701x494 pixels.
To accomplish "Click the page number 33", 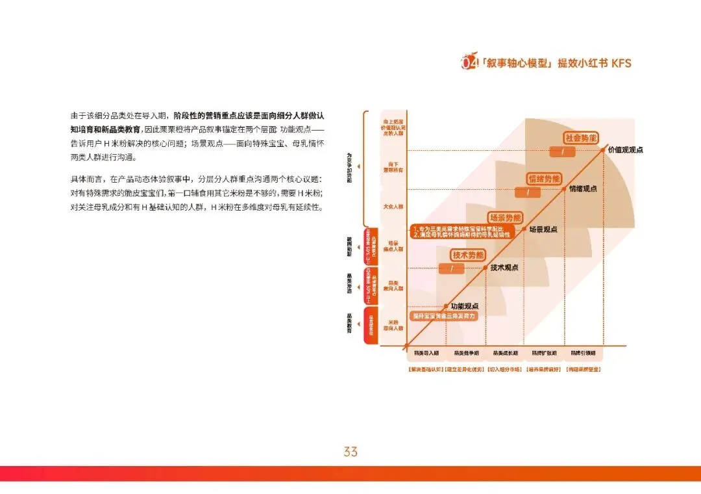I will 350,451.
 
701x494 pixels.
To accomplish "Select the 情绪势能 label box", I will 544,179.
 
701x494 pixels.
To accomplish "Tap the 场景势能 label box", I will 505,218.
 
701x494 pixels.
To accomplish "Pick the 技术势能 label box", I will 468,255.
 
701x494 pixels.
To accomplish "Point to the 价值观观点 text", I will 626,149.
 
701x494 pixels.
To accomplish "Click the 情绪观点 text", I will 583,189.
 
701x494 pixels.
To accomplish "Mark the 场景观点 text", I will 543,229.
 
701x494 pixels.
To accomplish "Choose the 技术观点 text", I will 504,267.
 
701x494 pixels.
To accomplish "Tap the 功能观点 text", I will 464,305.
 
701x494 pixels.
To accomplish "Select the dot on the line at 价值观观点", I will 604,149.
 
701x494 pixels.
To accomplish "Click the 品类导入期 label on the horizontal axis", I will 426,353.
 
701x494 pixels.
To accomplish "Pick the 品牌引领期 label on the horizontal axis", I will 583,353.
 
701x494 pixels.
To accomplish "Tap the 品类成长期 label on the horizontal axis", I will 505,353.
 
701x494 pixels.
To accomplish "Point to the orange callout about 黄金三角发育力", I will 445,315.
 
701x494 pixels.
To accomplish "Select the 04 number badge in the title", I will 468,63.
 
